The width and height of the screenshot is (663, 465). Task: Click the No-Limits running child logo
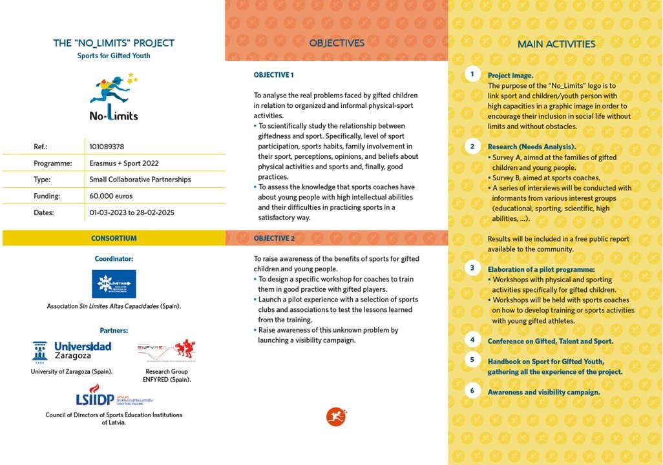point(114,97)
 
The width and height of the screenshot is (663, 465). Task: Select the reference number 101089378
point(107,147)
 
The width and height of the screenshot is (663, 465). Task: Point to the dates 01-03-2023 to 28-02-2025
point(132,212)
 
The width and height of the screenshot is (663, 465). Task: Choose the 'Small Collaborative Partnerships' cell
point(140,180)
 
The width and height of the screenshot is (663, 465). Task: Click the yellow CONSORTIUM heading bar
point(114,238)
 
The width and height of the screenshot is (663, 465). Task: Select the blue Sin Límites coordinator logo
point(114,284)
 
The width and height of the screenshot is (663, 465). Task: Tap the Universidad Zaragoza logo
point(72,351)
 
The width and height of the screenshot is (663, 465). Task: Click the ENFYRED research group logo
point(166,351)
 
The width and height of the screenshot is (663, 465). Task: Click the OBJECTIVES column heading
point(337,43)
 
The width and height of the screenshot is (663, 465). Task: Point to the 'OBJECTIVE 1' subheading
point(273,76)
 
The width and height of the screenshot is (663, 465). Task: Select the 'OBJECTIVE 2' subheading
point(274,238)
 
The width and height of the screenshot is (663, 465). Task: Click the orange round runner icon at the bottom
point(336,417)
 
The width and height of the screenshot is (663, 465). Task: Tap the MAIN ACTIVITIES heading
point(556,45)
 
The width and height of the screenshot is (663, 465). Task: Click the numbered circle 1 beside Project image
point(472,74)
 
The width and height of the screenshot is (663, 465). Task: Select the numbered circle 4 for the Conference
point(472,340)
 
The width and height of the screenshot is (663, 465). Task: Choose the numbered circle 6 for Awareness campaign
point(472,391)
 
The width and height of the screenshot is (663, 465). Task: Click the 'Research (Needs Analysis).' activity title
point(532,147)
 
